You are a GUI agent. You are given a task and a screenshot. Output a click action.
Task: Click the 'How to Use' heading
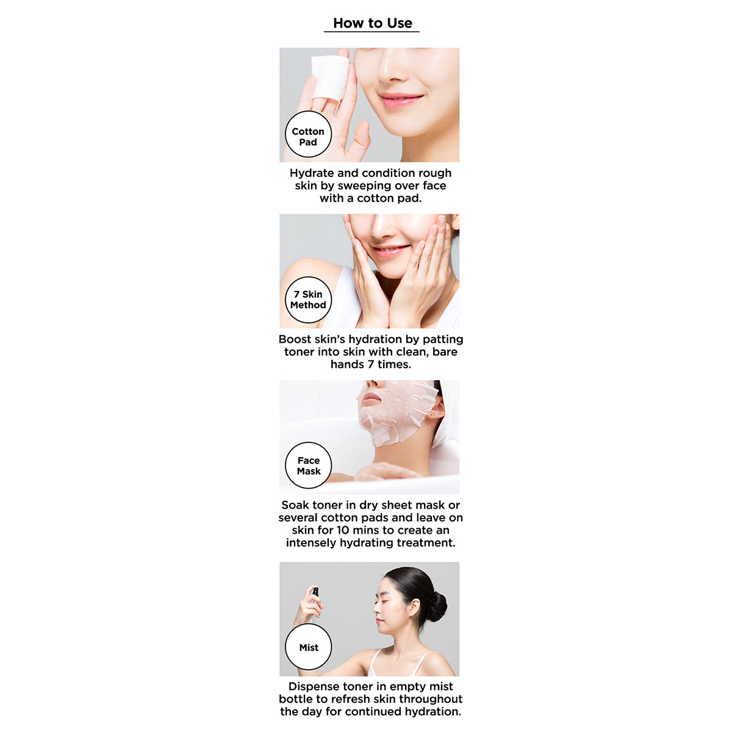click(372, 23)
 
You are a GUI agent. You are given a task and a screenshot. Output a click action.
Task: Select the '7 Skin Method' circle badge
click(308, 300)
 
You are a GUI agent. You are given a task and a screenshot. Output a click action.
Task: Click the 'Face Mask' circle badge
click(309, 465)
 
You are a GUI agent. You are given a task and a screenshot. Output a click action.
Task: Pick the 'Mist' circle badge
click(309, 647)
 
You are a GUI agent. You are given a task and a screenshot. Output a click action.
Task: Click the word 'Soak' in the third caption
click(295, 505)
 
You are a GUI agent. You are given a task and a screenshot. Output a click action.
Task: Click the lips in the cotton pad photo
click(400, 99)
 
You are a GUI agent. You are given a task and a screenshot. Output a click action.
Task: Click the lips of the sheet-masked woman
click(370, 398)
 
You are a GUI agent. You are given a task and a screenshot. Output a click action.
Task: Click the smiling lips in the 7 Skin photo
click(391, 249)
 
